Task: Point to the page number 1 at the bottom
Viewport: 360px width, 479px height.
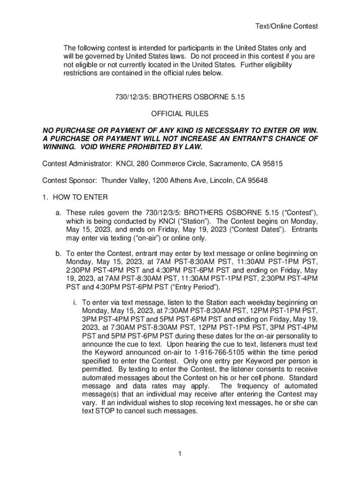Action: [x=180, y=454]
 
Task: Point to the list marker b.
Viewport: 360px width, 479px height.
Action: [x=59, y=254]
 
